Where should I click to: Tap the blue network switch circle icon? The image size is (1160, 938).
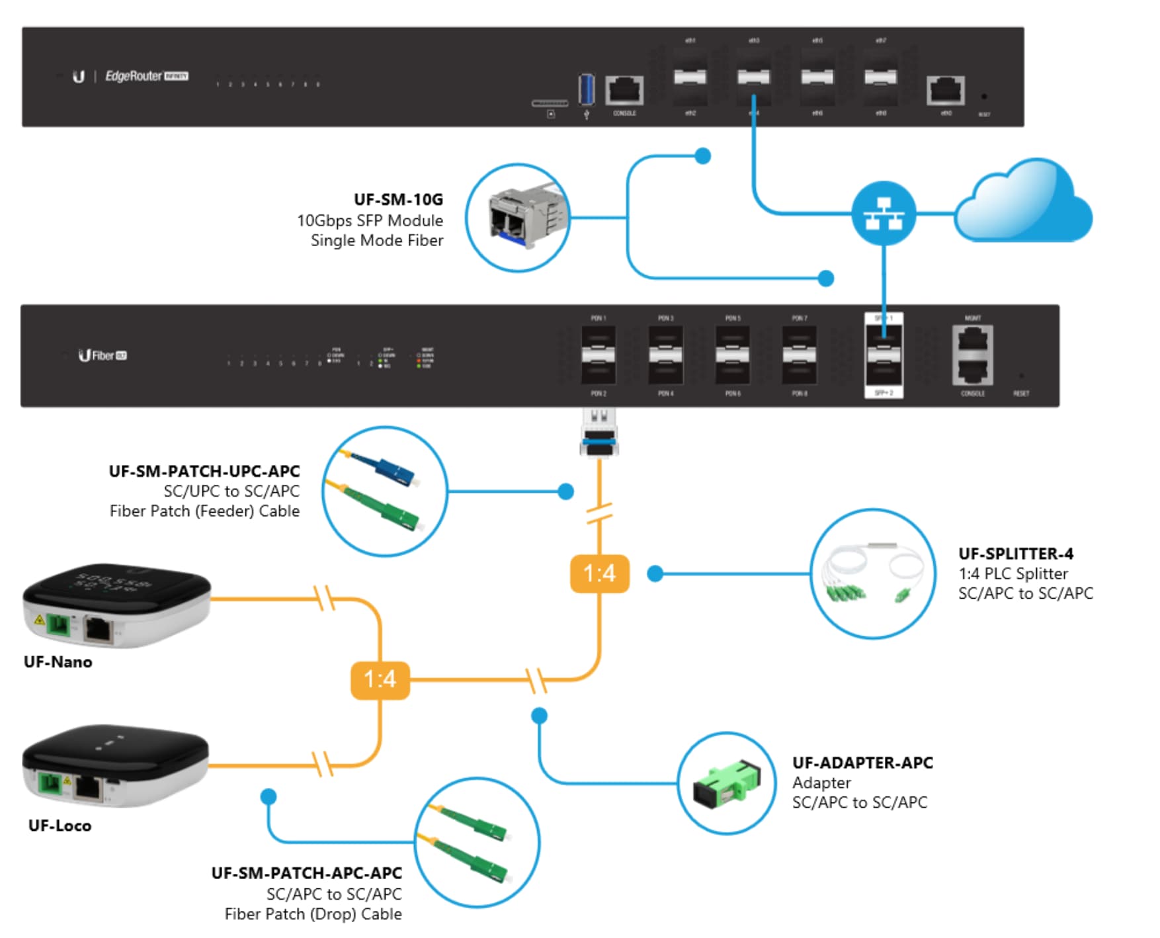pyautogui.click(x=884, y=214)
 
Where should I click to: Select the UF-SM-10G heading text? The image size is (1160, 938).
pyautogui.click(x=398, y=199)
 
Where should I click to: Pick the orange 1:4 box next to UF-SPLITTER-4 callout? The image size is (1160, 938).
pyautogui.click(x=599, y=573)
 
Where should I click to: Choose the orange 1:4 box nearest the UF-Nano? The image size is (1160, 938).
pyautogui.click(x=380, y=679)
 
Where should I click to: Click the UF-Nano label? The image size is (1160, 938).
pyautogui.click(x=58, y=662)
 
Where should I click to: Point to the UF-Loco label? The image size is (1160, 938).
pyautogui.click(x=60, y=826)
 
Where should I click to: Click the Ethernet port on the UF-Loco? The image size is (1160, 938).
pyautogui.click(x=87, y=787)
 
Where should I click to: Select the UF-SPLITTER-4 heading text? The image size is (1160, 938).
pyautogui.click(x=1016, y=554)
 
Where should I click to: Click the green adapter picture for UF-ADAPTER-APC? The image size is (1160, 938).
pyautogui.click(x=726, y=785)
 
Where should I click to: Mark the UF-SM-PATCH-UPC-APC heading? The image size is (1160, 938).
pyautogui.click(x=204, y=471)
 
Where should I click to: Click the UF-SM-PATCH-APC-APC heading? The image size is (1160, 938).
pyautogui.click(x=306, y=873)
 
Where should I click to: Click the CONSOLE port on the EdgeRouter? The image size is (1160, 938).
pyautogui.click(x=624, y=90)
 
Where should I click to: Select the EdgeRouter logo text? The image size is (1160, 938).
pyautogui.click(x=133, y=76)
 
